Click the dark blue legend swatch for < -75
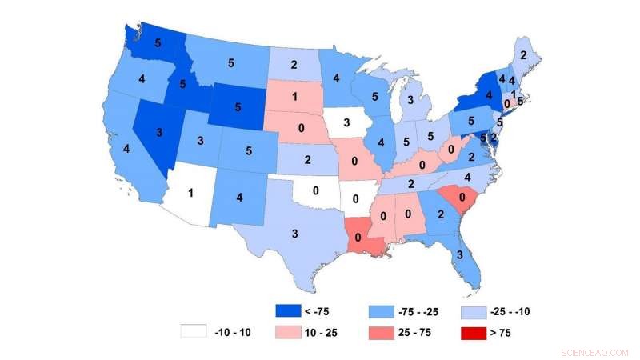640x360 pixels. [283, 310]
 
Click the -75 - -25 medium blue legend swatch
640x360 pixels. [381, 310]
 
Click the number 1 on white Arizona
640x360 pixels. [191, 192]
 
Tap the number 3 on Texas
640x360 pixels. [295, 234]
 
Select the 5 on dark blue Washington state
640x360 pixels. [158, 43]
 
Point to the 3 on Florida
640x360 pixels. [459, 255]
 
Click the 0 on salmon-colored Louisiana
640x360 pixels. [357, 238]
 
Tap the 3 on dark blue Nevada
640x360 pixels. [159, 131]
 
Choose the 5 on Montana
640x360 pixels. [230, 62]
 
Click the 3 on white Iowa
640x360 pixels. [346, 122]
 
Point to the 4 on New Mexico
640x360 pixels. [241, 196]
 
